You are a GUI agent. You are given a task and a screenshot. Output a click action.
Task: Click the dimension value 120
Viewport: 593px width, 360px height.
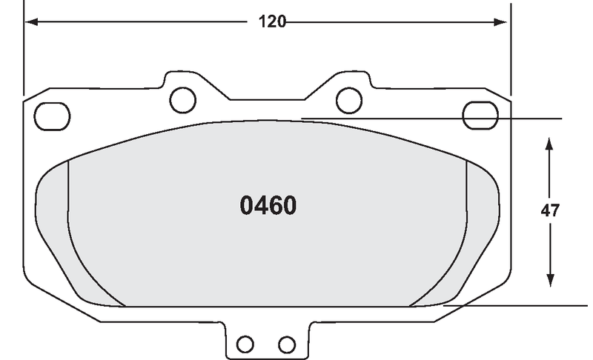tap(272, 21)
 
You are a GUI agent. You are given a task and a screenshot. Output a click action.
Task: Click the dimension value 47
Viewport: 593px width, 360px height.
tap(549, 210)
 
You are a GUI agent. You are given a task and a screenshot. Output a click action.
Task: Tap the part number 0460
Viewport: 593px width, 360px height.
tap(268, 205)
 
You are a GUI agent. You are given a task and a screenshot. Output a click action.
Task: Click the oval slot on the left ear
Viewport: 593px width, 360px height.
tap(52, 114)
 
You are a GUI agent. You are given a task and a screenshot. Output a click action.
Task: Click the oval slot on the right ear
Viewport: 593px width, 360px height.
tap(478, 114)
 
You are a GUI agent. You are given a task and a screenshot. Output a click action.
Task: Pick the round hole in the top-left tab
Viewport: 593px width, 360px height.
tap(182, 98)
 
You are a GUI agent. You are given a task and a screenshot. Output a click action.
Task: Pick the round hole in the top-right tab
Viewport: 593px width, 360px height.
tap(348, 98)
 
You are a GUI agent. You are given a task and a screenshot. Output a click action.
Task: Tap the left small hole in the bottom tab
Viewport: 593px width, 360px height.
tap(245, 344)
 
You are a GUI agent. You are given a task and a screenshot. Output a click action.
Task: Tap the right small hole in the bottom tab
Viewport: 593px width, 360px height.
tap(287, 344)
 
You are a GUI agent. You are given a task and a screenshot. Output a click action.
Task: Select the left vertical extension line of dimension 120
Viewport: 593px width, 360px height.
tap(24, 52)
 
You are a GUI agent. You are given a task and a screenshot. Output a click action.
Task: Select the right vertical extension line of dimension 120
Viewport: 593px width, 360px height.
tap(511, 52)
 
